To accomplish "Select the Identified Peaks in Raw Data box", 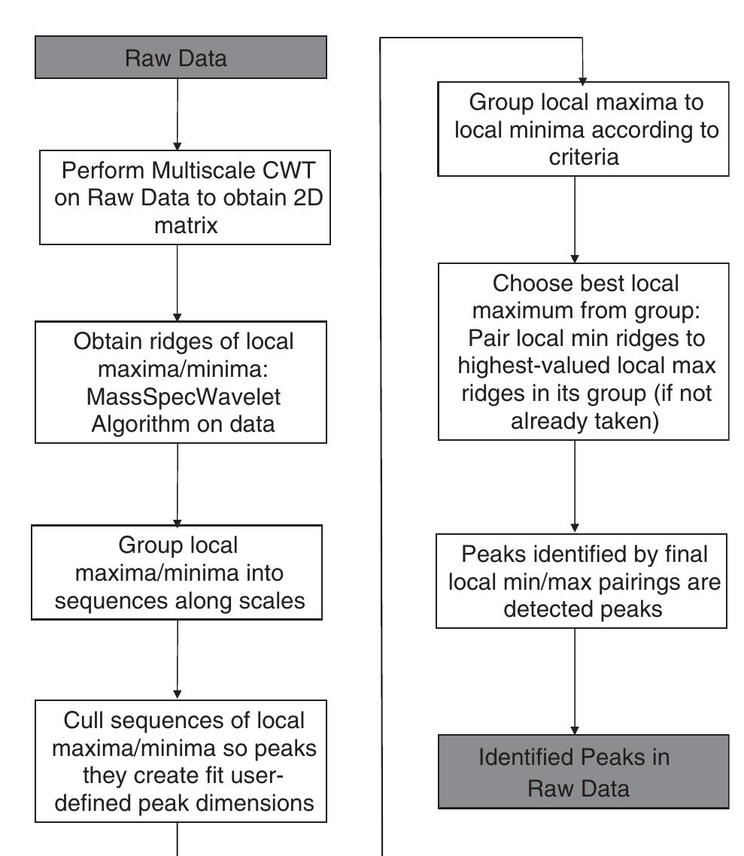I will pos(583,771).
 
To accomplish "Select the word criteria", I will pos(583,158).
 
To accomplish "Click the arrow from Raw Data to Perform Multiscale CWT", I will pos(177,113).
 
